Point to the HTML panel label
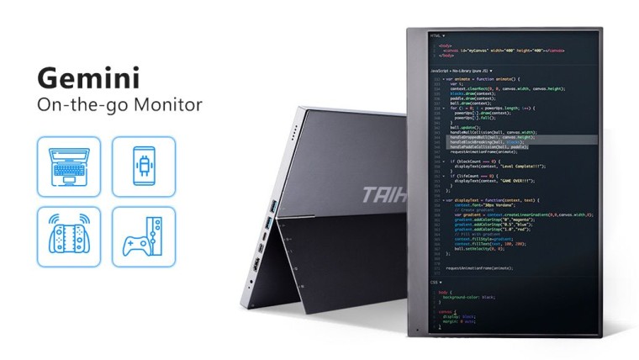coord(436,36)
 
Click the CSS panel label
coord(434,283)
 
